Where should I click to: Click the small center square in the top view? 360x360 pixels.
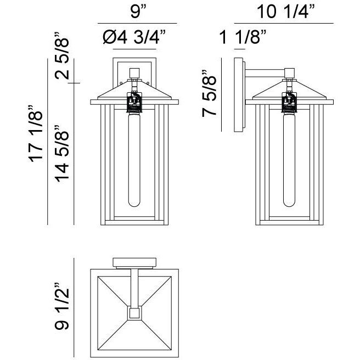pos(134,313)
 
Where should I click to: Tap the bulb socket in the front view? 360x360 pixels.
pos(134,101)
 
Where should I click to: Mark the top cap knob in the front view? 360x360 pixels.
pos(134,72)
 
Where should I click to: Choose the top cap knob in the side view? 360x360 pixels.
pos(289,71)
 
